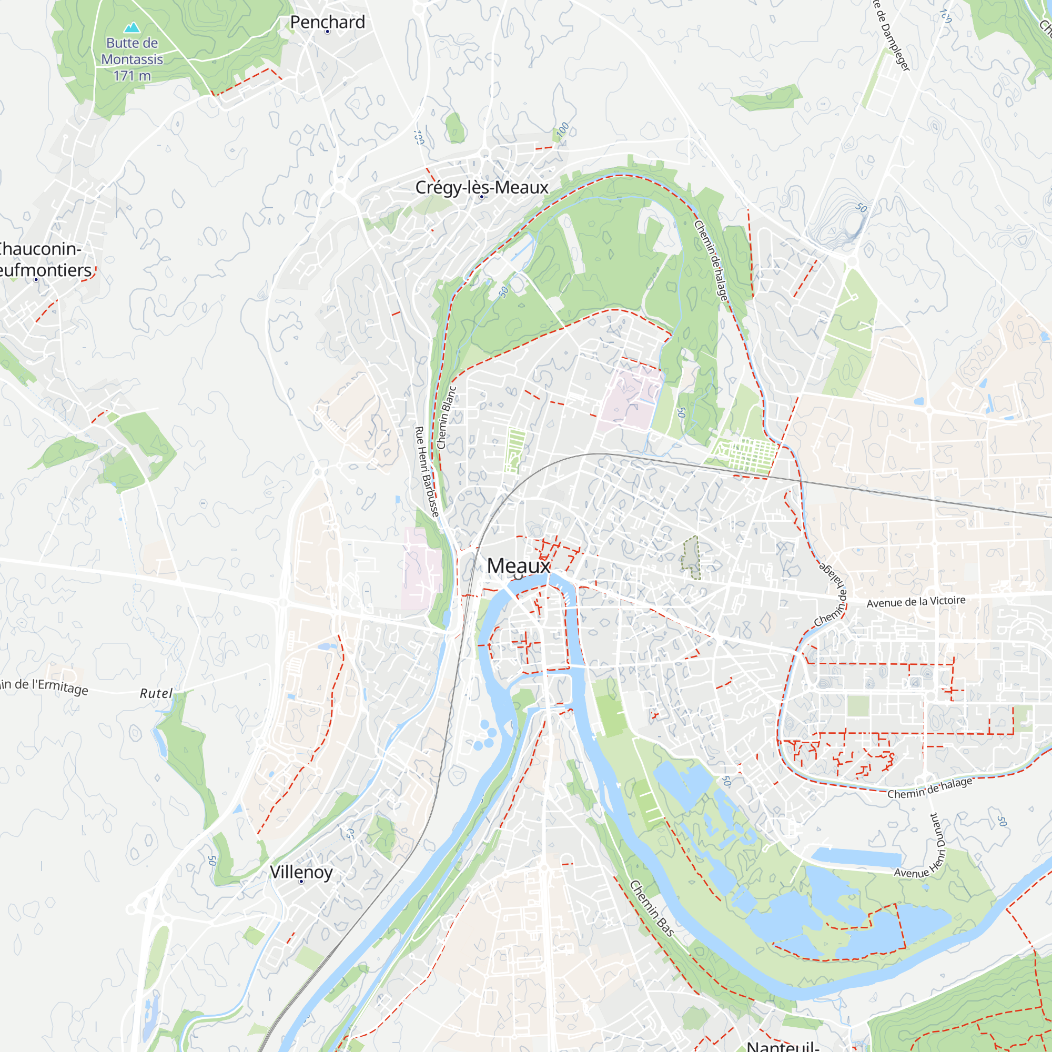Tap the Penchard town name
327,22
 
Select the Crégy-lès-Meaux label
481,187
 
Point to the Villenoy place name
301,872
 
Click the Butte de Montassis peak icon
132,27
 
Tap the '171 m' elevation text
132,76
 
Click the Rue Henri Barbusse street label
427,471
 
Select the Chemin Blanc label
447,418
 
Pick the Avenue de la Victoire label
916,602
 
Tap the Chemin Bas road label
652,908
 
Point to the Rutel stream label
156,693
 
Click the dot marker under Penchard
327,32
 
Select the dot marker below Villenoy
301,882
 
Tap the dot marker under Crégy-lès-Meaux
481,197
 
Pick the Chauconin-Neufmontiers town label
41,259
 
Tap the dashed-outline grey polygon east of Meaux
691,558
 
